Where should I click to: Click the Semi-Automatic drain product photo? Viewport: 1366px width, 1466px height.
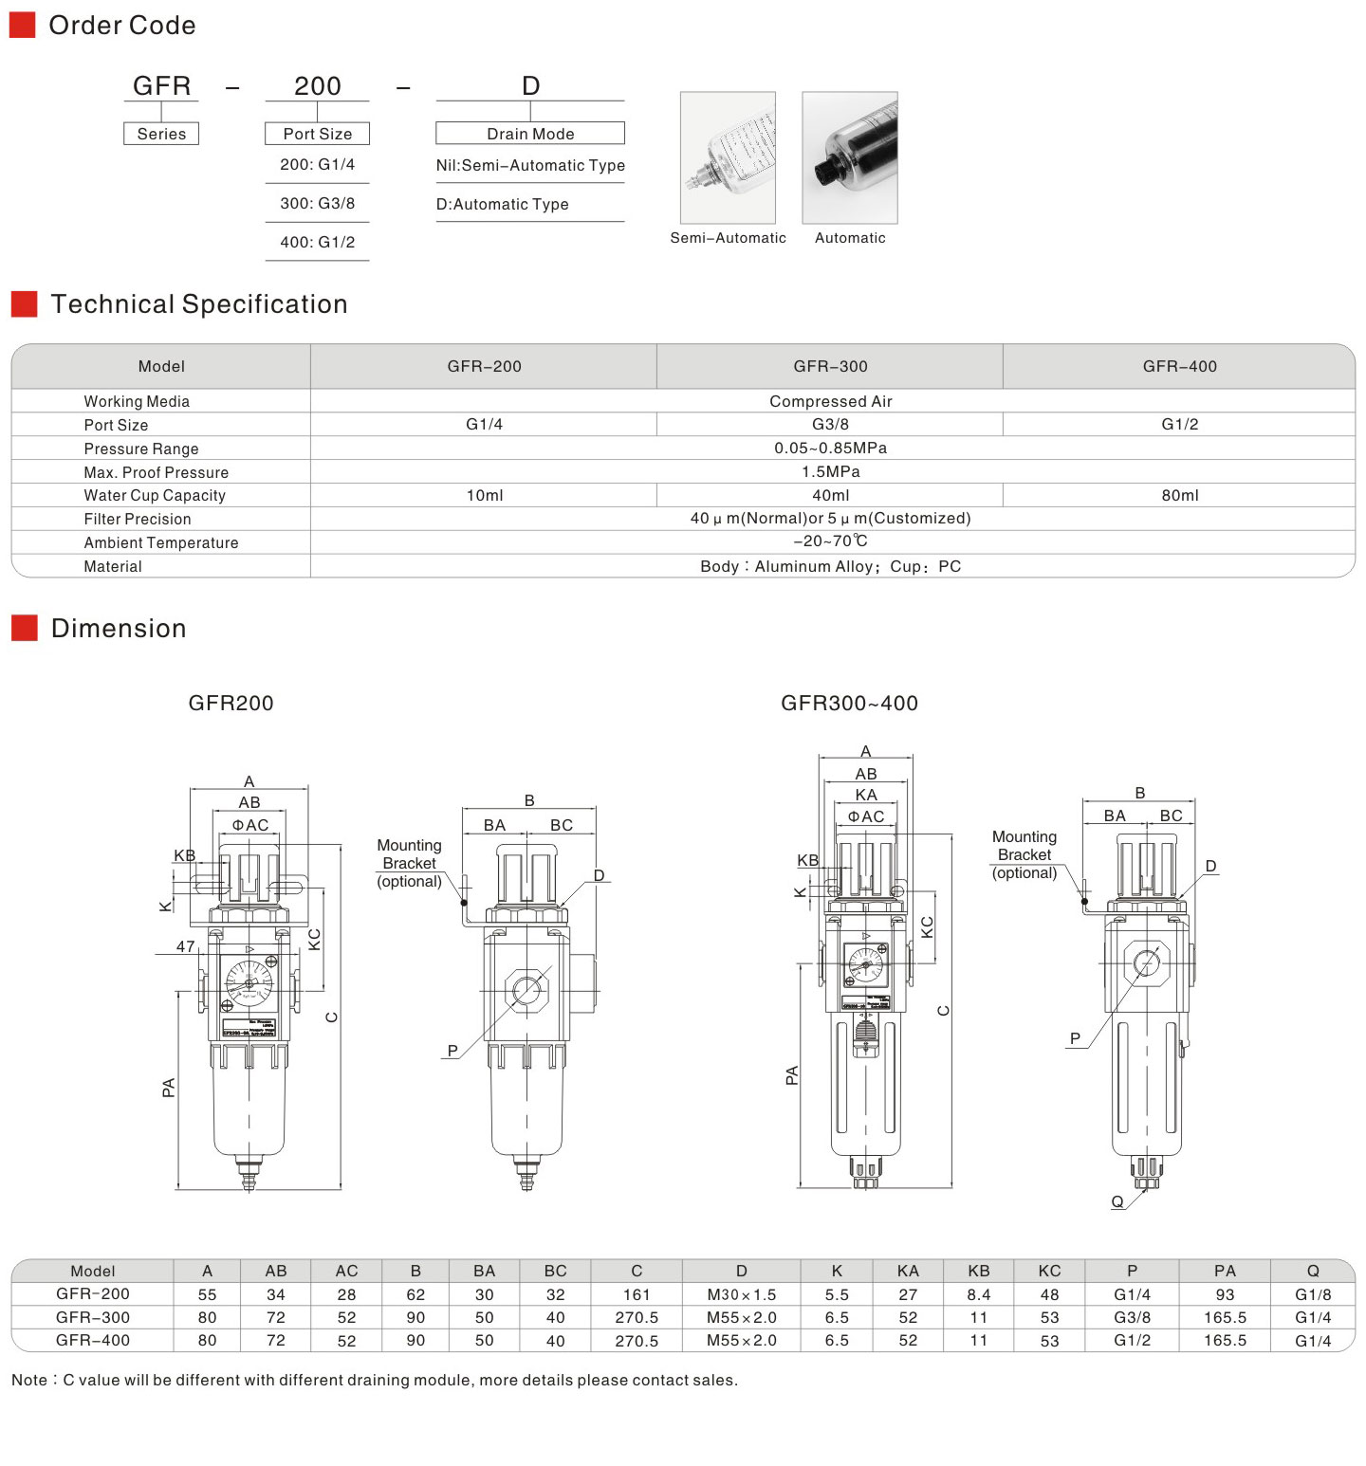(x=728, y=157)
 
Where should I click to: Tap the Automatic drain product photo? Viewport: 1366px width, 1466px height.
(x=850, y=157)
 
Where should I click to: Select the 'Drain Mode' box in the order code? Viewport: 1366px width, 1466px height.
(x=530, y=134)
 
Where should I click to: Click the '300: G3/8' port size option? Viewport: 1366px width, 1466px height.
(x=317, y=203)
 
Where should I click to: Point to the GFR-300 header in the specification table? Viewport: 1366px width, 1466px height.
(x=830, y=366)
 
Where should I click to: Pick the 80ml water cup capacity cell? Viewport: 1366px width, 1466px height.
(x=1179, y=495)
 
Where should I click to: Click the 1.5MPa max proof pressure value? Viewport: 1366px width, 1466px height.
(x=830, y=471)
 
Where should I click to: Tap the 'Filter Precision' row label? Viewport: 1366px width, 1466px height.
(x=138, y=519)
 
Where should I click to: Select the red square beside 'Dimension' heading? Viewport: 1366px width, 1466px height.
(x=24, y=628)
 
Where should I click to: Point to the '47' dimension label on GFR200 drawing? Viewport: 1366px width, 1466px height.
(x=185, y=946)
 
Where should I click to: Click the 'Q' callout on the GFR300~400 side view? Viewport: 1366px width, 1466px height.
(x=1117, y=1201)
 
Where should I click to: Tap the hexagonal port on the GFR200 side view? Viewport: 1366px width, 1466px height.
(x=526, y=991)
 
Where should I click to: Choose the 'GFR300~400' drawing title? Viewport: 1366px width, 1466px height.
(x=849, y=703)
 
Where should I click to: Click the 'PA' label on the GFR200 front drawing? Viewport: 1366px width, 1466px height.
(x=169, y=1088)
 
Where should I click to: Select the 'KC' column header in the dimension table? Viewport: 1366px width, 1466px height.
(x=1049, y=1271)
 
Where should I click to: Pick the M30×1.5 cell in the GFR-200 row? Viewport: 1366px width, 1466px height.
(x=741, y=1294)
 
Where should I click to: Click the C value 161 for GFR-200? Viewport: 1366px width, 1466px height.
(x=637, y=1294)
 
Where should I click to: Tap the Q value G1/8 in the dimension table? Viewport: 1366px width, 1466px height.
(x=1313, y=1294)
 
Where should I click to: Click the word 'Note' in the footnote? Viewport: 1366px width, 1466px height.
(x=28, y=1380)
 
